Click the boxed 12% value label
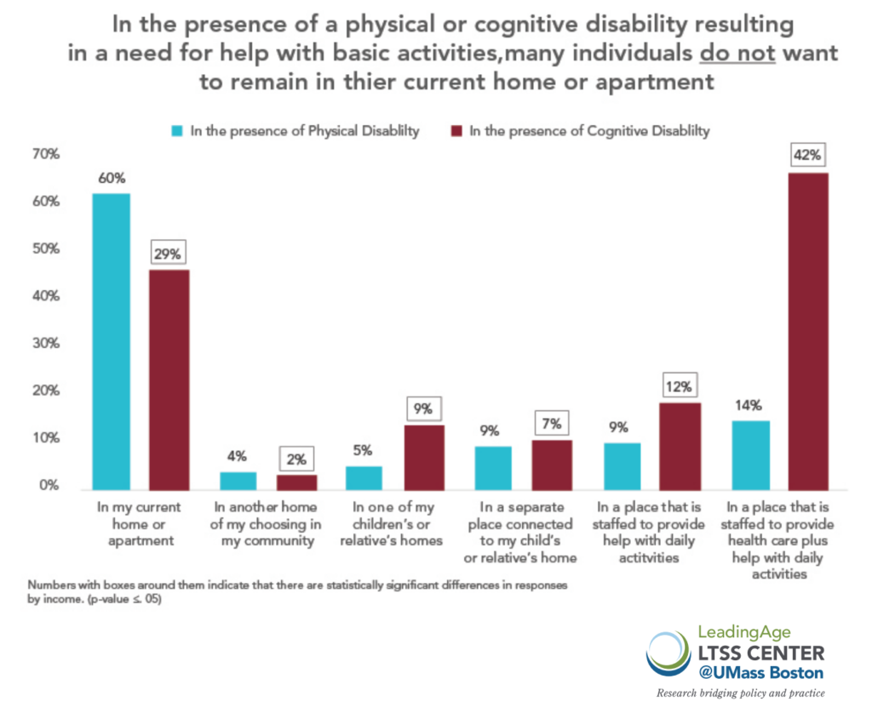tap(679, 387)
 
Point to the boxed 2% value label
tap(297, 459)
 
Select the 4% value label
tap(238, 457)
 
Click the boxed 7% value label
tap(552, 423)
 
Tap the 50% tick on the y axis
tap(46, 249)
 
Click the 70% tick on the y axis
tap(46, 154)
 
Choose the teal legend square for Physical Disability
tap(177, 132)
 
